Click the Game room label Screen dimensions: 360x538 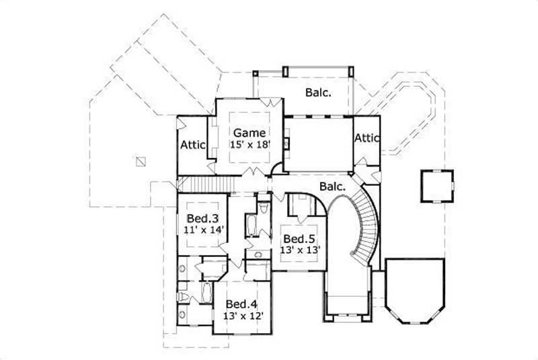[x=249, y=133]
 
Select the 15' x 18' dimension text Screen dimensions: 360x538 [x=249, y=144]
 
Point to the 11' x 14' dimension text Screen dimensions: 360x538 [x=203, y=229]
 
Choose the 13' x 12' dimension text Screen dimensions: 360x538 [x=243, y=315]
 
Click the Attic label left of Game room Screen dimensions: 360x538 [x=192, y=144]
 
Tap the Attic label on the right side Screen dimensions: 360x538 [x=367, y=137]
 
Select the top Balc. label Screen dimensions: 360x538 [x=317, y=93]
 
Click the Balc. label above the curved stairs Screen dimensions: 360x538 [x=332, y=185]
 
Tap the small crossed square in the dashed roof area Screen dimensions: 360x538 [x=140, y=161]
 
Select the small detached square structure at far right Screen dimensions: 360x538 [x=435, y=185]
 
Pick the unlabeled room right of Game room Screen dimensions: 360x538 [x=318, y=143]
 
